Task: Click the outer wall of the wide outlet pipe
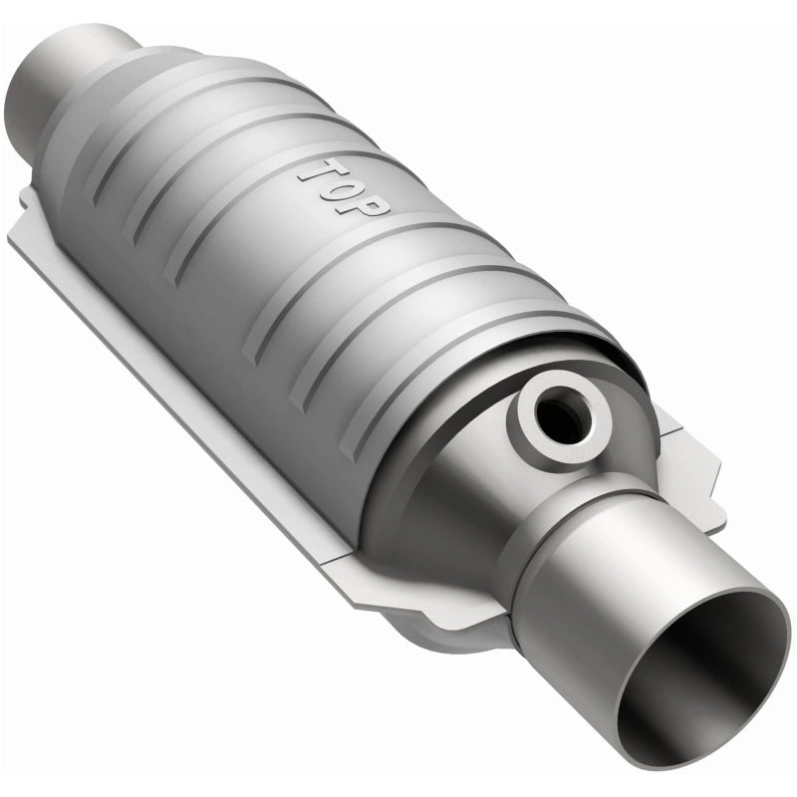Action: coord(598,568)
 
